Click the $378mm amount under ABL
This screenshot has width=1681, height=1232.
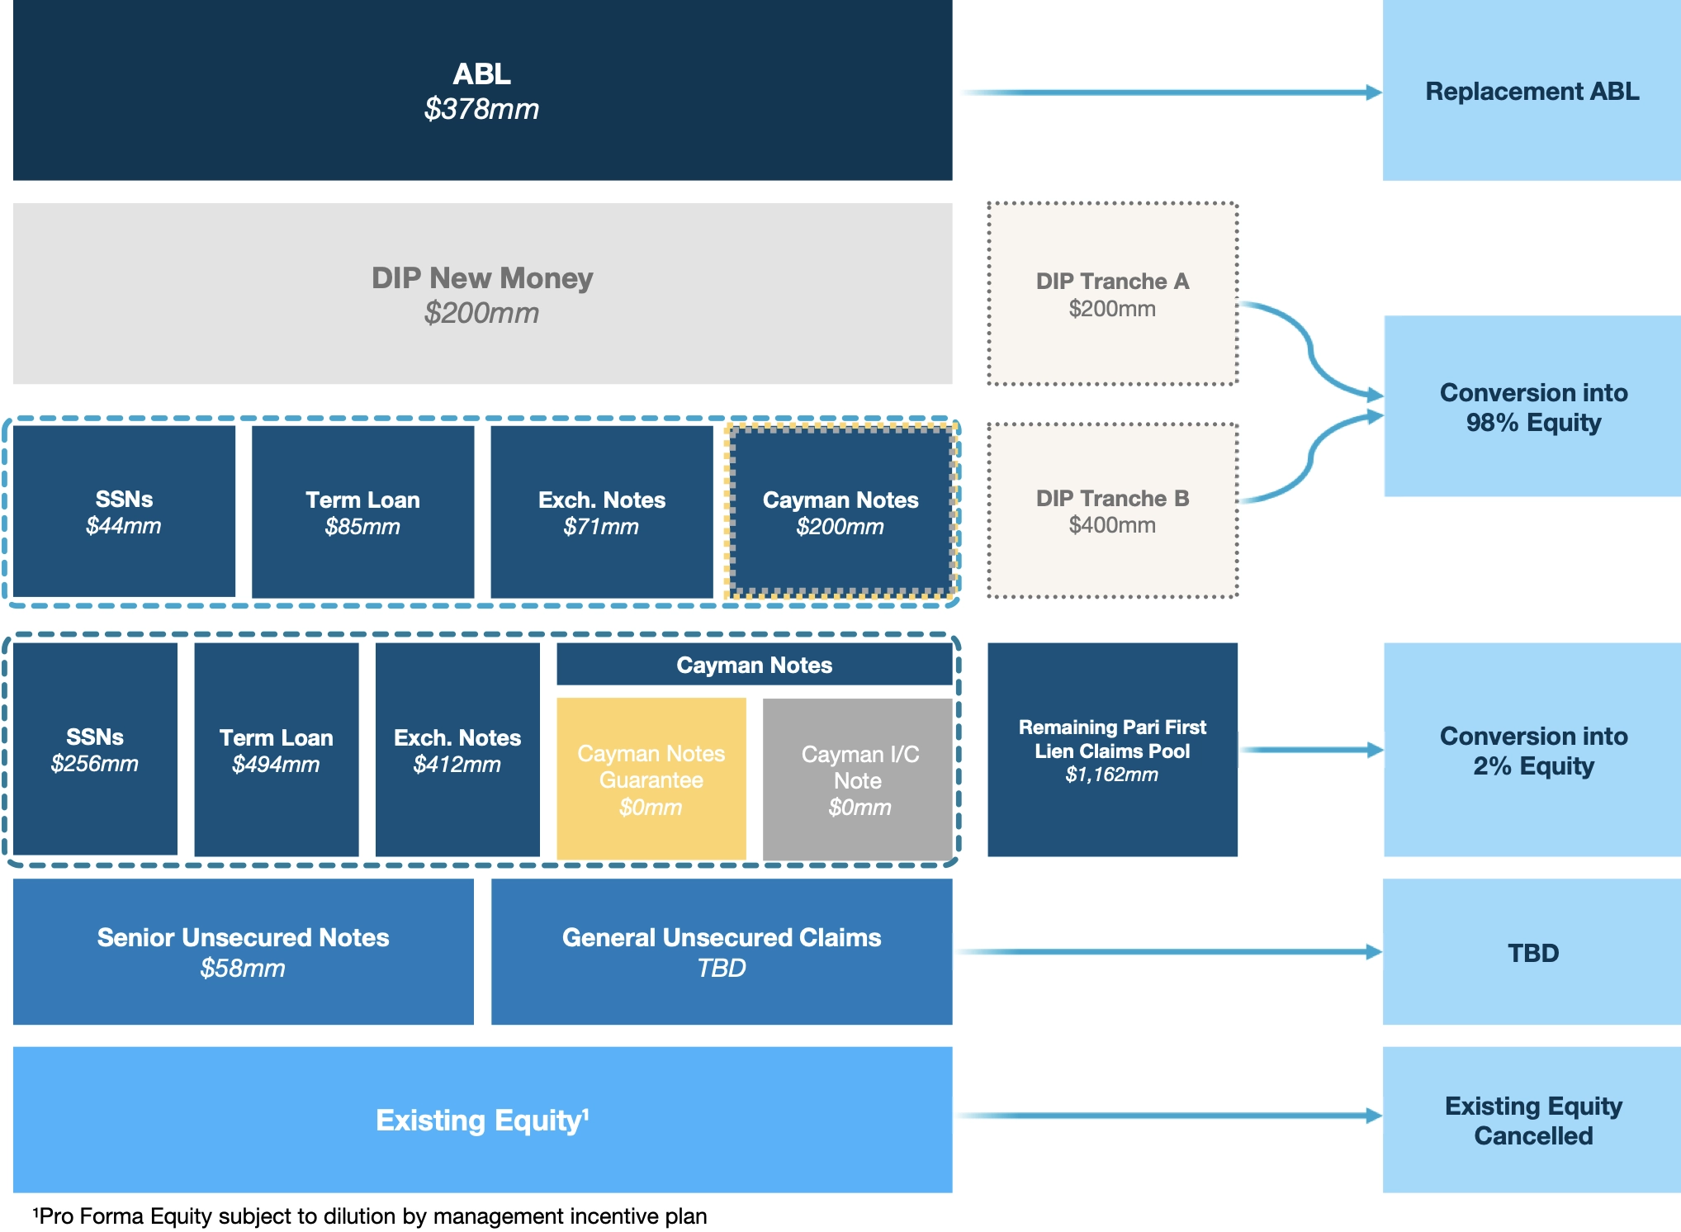(x=481, y=109)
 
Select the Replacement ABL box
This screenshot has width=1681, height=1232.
(x=1532, y=90)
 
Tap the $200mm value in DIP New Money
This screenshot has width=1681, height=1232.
(x=481, y=313)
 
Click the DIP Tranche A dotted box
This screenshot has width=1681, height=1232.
(x=1112, y=294)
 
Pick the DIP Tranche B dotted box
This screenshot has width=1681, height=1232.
(x=1112, y=510)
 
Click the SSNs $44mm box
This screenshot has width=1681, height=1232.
(x=124, y=511)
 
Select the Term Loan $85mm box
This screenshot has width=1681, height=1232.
(x=362, y=511)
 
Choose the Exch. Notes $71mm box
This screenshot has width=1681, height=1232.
(x=601, y=511)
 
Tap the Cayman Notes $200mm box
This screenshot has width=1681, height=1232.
(x=840, y=511)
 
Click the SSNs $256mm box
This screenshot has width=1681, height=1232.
(x=95, y=749)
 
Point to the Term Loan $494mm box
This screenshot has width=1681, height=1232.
(x=276, y=749)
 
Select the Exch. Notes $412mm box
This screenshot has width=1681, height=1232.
(x=457, y=749)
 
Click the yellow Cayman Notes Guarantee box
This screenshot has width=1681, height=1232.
(x=651, y=779)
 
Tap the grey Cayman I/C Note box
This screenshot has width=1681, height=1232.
(x=858, y=779)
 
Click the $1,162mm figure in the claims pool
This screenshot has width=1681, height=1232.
(x=1111, y=775)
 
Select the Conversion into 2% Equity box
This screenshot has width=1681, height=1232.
(x=1532, y=749)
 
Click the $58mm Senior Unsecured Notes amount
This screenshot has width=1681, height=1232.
(x=243, y=968)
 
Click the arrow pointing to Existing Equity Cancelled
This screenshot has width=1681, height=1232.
(x=1170, y=1116)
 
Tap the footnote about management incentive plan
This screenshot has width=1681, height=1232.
(x=369, y=1215)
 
